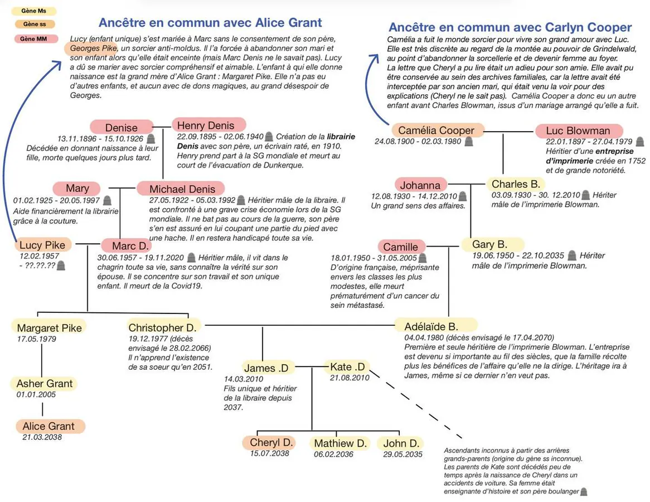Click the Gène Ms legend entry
pyautogui.click(x=34, y=11)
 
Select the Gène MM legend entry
pyautogui.click(x=34, y=39)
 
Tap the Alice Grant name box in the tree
pyautogui.click(x=49, y=426)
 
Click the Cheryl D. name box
pyautogui.click(x=271, y=443)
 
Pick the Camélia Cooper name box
pyautogui.click(x=436, y=131)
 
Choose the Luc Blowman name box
pyautogui.click(x=578, y=131)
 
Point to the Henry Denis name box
pyautogui.click(x=208, y=126)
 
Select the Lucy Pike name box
pyautogui.click(x=43, y=245)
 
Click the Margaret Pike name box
pyautogui.click(x=49, y=328)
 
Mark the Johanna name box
pyautogui.click(x=420, y=185)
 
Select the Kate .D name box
pyautogui.click(x=347, y=367)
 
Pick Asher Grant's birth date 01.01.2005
pyautogui.click(x=36, y=394)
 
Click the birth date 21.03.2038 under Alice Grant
pyautogui.click(x=42, y=437)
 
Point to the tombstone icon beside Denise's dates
pyautogui.click(x=151, y=138)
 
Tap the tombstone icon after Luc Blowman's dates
pyautogui.click(x=640, y=142)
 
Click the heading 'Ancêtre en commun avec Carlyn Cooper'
pyautogui.click(x=510, y=27)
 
